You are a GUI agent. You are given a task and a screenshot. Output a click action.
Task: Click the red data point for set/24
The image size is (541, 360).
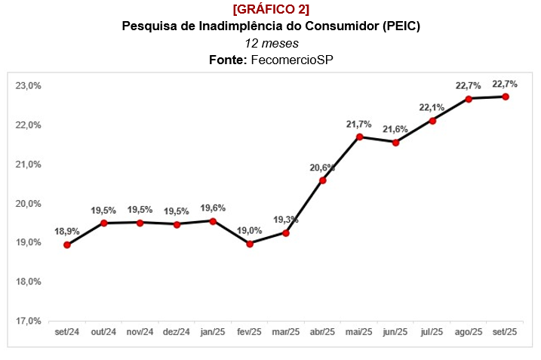pyautogui.click(x=67, y=245)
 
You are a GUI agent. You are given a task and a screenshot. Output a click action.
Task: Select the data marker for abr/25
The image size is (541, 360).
pyautogui.click(x=323, y=180)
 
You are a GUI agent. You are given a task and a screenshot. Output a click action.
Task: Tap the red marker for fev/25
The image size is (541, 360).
pyautogui.click(x=250, y=243)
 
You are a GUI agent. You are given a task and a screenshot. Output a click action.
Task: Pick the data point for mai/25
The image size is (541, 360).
pyautogui.click(x=360, y=137)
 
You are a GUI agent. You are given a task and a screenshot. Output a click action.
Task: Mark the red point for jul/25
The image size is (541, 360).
pyautogui.click(x=432, y=121)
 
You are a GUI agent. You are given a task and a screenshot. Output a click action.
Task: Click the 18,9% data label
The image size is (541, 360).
pyautogui.click(x=67, y=231)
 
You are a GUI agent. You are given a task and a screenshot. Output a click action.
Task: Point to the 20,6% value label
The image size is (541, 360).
pyautogui.click(x=322, y=167)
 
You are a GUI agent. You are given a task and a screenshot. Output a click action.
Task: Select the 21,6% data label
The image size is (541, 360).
pyautogui.click(x=395, y=129)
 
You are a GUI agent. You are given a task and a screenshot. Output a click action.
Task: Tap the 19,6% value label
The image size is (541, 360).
pyautogui.click(x=213, y=208)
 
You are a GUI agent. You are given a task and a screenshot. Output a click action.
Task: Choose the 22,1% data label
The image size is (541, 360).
pyautogui.click(x=432, y=107)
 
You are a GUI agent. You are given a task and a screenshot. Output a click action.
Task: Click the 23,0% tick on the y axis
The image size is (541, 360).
pyautogui.click(x=27, y=85)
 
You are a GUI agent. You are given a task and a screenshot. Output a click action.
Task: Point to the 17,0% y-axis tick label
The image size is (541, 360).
pyautogui.click(x=27, y=321)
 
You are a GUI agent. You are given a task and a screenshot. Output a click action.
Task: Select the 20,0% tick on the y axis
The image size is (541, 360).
pyautogui.click(x=27, y=203)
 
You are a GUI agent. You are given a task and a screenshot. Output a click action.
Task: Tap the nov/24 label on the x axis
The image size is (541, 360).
pyautogui.click(x=140, y=332)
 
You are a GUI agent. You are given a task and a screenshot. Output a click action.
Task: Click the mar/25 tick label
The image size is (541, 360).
pyautogui.click(x=286, y=332)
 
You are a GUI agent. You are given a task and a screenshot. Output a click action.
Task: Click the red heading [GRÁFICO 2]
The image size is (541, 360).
pyautogui.click(x=270, y=9)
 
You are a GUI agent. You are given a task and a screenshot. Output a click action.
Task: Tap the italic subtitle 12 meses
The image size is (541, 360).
pyautogui.click(x=271, y=43)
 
